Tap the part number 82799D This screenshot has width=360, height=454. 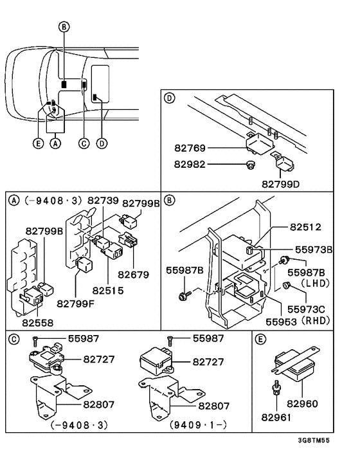[x=280, y=184]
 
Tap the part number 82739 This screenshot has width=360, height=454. [x=104, y=201]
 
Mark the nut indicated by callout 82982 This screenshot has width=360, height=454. [x=248, y=165]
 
